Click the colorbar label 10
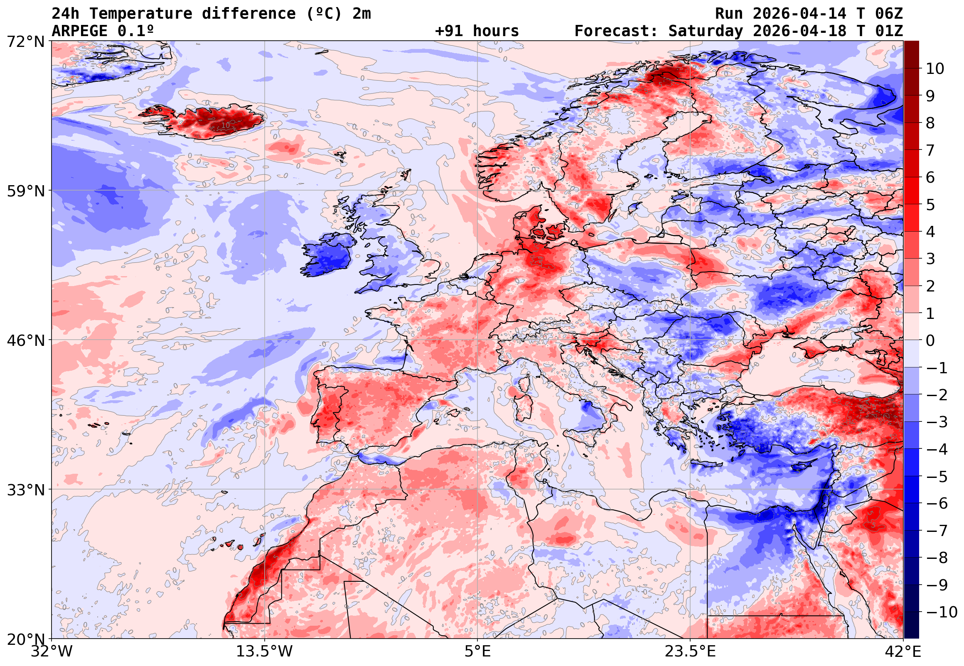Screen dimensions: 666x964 (x=935, y=69)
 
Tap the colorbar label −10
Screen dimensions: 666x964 (x=942, y=612)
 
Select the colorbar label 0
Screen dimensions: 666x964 (x=930, y=341)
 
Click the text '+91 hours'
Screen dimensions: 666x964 (x=477, y=31)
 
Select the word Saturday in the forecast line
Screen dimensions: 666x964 (x=706, y=31)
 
